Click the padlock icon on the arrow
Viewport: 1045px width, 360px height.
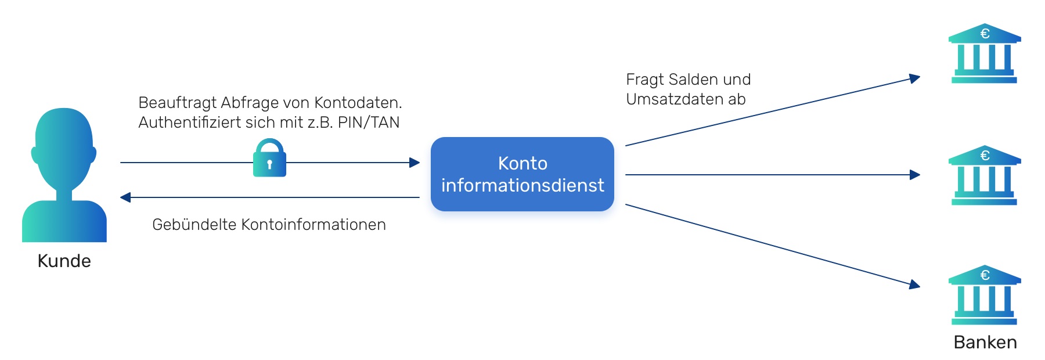(x=269, y=157)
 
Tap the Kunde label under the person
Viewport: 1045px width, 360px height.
(x=64, y=261)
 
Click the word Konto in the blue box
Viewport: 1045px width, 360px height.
(x=522, y=163)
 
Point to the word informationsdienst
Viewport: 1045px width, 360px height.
(x=522, y=185)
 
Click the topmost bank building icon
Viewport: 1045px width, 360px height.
(x=985, y=53)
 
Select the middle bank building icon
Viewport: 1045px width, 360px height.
(x=985, y=175)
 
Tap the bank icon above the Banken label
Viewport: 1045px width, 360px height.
(x=985, y=295)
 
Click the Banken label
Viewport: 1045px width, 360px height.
(x=985, y=343)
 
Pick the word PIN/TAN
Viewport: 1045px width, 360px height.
(x=369, y=123)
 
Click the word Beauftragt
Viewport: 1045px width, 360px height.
(x=177, y=103)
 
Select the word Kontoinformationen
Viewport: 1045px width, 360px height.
(x=313, y=225)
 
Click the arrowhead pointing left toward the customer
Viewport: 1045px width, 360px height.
(x=125, y=197)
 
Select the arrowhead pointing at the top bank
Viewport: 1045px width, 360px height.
(x=915, y=78)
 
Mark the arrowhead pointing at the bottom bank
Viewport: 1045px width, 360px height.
(x=915, y=284)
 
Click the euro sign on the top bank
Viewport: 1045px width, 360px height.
(x=985, y=34)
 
